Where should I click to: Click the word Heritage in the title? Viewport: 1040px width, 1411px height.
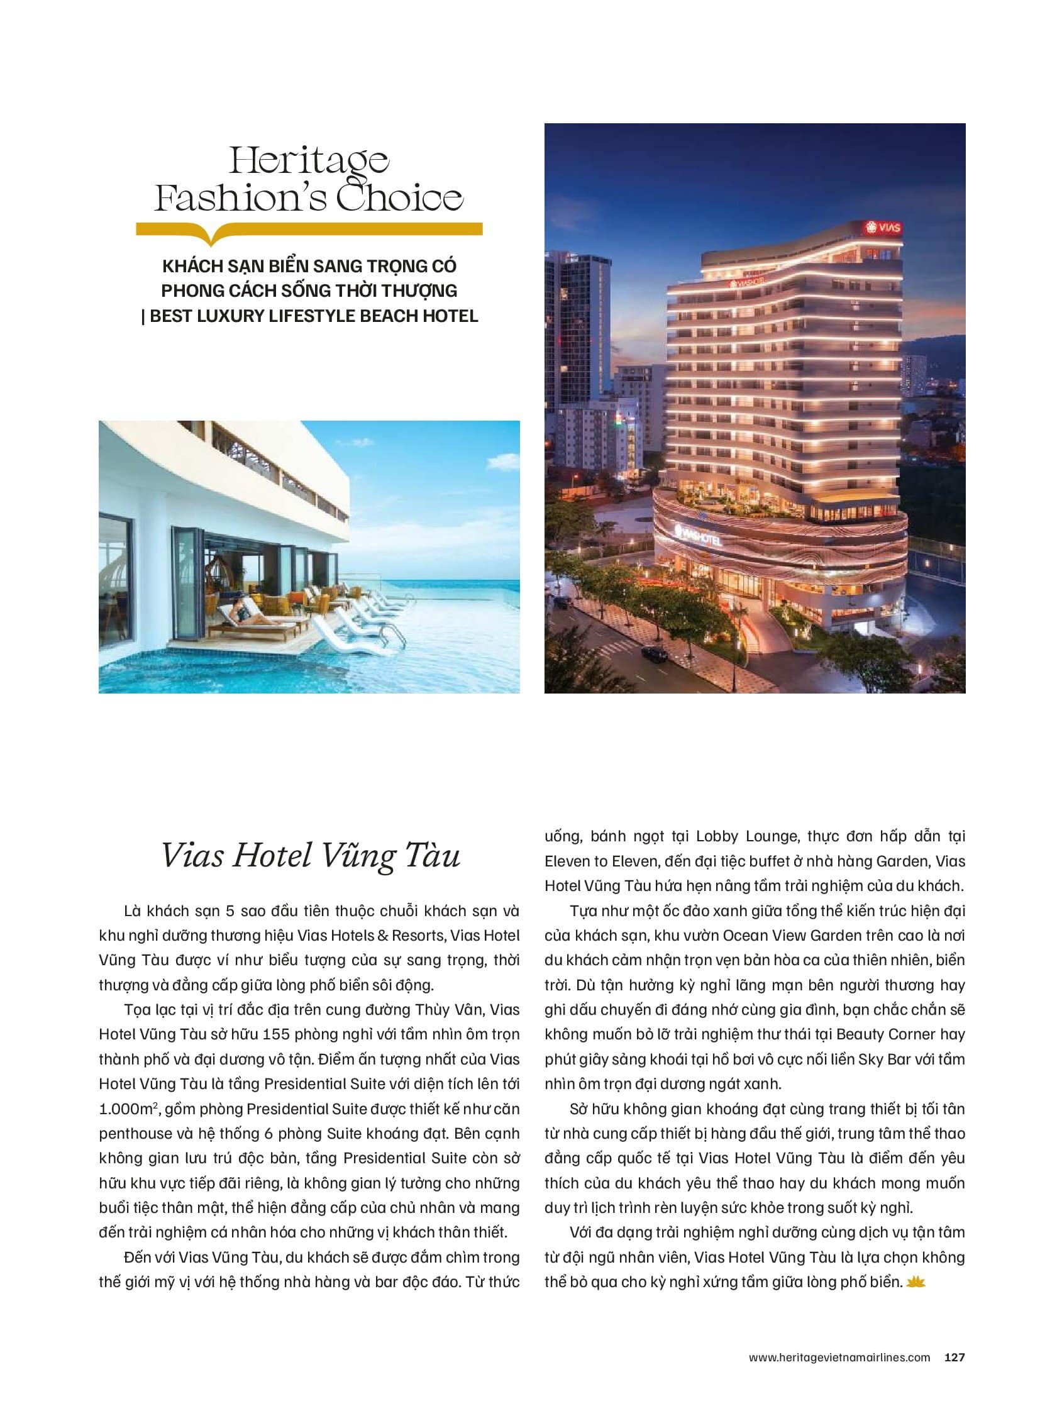pos(309,162)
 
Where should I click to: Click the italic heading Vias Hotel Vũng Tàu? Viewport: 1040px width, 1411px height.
pos(311,856)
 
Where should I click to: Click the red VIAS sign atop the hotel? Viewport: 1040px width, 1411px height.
pos(884,227)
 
